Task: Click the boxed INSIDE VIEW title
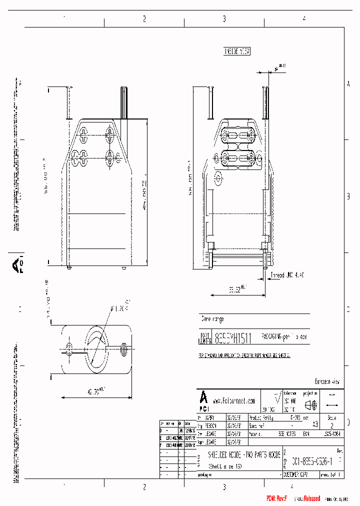[x=236, y=51]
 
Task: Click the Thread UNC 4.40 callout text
[x=287, y=275]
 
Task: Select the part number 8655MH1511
[x=233, y=337]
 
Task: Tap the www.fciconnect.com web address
[x=234, y=400]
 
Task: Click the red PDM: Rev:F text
[x=276, y=498]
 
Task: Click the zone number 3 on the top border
[x=224, y=19]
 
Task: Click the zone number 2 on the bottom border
[x=144, y=486]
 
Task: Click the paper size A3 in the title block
[x=315, y=423]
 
